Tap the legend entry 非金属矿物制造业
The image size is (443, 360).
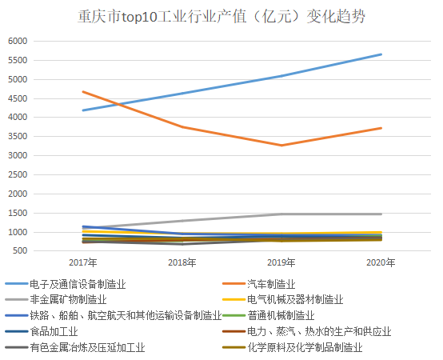[73, 300]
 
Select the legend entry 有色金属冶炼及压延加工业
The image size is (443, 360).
[83, 347]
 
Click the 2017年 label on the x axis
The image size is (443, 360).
[82, 262]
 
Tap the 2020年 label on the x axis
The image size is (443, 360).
[381, 262]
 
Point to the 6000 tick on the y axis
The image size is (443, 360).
[17, 41]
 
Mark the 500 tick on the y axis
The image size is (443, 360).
[19, 251]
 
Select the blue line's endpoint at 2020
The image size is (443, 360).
[381, 54]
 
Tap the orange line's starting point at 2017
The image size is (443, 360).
[82, 92]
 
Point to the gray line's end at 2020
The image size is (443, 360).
[381, 214]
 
